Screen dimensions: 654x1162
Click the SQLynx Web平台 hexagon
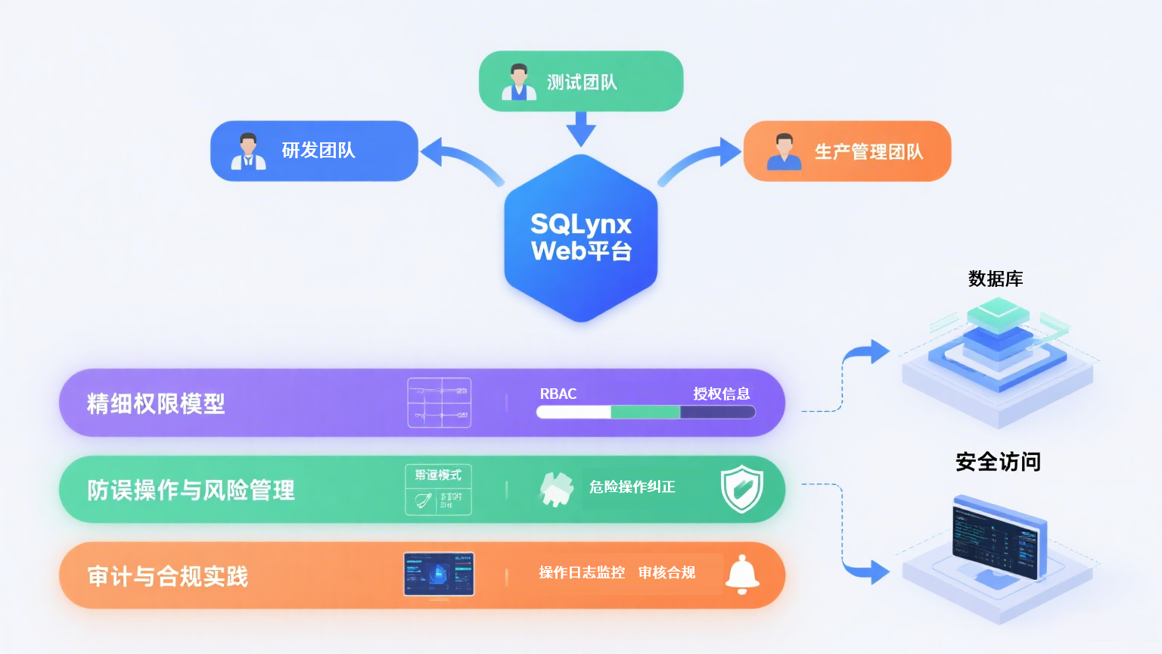(x=581, y=238)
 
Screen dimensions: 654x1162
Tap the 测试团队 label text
(x=582, y=83)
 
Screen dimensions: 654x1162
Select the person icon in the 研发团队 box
(x=248, y=151)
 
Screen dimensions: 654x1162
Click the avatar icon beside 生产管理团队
(x=784, y=151)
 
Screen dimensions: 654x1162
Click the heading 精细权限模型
(x=156, y=403)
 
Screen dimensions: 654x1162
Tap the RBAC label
(x=558, y=394)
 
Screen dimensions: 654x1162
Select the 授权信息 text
(x=722, y=394)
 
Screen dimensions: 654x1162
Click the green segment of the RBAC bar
(x=645, y=413)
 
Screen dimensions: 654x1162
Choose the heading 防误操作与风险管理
(x=191, y=490)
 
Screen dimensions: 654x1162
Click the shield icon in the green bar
(x=741, y=489)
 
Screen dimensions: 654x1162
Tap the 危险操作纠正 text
(x=632, y=487)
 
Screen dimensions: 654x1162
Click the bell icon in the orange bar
(x=742, y=575)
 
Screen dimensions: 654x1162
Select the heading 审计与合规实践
(x=167, y=577)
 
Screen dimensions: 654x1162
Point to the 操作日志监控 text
(x=582, y=573)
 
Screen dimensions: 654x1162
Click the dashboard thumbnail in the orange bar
(x=439, y=574)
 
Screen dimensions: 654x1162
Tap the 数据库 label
(x=996, y=279)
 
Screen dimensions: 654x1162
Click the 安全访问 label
(x=998, y=462)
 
